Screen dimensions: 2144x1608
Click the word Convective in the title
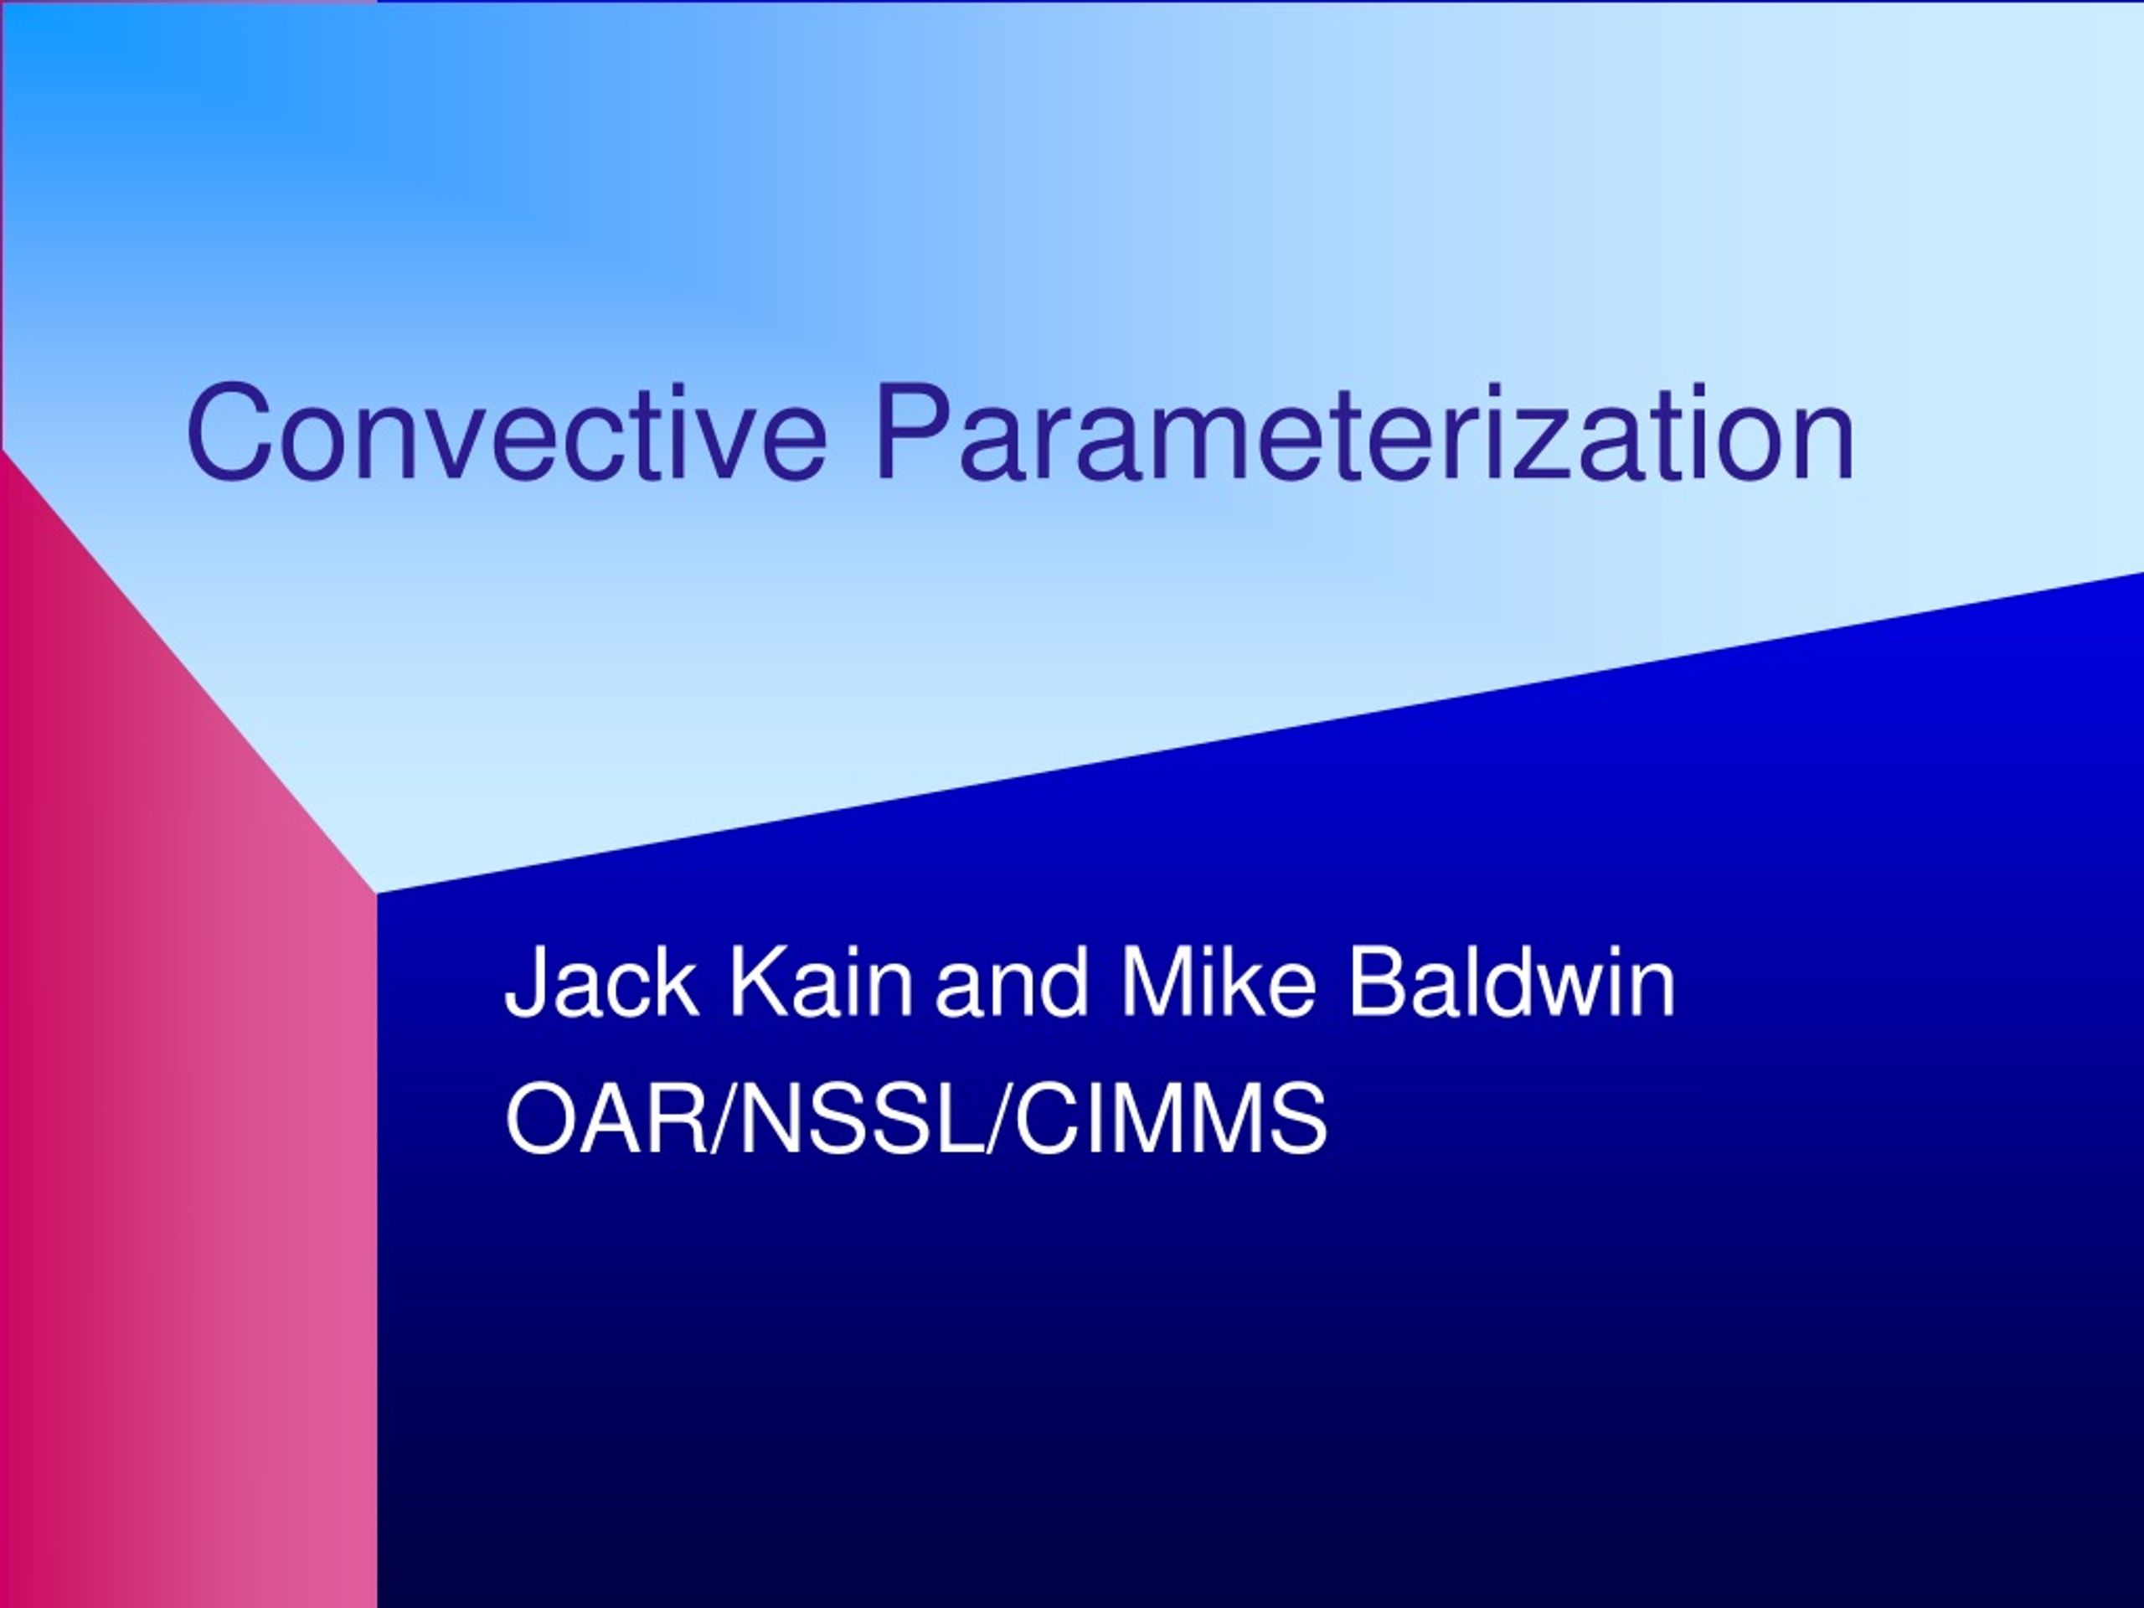click(507, 432)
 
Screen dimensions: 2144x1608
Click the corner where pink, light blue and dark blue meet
click(377, 893)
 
